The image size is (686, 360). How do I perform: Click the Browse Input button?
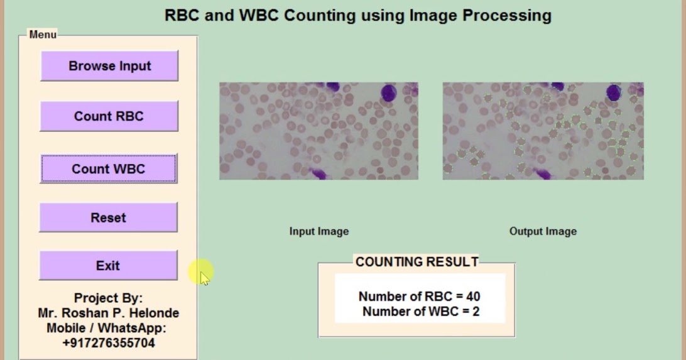109,66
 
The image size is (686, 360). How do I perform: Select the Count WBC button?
109,168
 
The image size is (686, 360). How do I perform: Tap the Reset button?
108,217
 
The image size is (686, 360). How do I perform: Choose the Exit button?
108,265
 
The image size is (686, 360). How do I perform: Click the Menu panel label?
43,35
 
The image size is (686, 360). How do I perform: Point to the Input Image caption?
318,231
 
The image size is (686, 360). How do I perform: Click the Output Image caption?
543,231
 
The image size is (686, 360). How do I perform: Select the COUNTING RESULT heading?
416,262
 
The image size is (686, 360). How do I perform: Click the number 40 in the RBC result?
474,297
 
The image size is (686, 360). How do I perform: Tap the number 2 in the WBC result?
476,311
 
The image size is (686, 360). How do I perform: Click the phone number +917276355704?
109,343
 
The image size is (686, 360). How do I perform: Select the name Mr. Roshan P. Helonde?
109,313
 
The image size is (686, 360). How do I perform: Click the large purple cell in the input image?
389,93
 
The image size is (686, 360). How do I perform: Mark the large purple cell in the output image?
614,93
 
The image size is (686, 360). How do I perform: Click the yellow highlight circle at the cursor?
201,272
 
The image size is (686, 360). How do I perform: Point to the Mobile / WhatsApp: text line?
106,328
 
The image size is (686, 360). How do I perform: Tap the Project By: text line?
108,298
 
